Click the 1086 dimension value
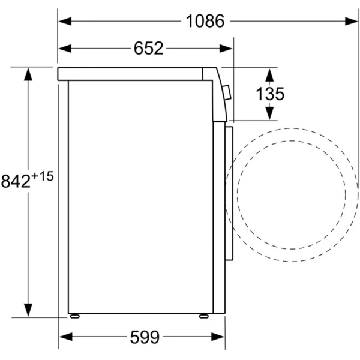tap(205, 21)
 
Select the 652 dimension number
tap(149, 49)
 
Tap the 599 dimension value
tap(145, 337)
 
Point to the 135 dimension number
tap(270, 94)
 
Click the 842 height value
tap(16, 181)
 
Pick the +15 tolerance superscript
tap(43, 176)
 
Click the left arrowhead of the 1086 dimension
tap(65, 22)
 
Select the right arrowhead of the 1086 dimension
tap(351, 22)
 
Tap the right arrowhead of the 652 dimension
tap(226, 49)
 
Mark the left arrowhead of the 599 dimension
tap(66, 337)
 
